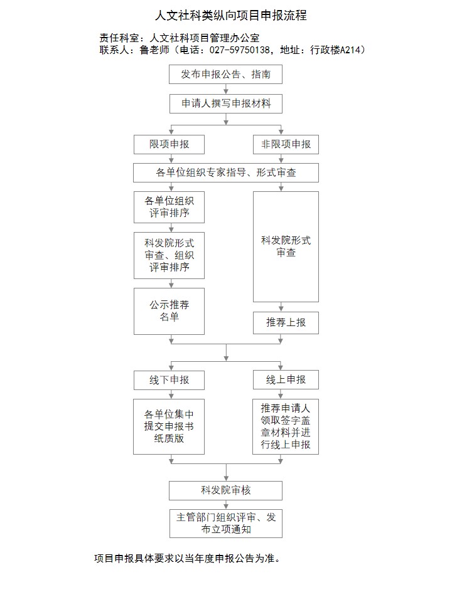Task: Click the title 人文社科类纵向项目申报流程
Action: (x=230, y=15)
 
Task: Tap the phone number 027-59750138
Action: (x=239, y=50)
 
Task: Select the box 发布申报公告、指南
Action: (x=225, y=75)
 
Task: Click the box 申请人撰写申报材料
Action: (x=226, y=103)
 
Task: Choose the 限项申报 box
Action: (x=169, y=144)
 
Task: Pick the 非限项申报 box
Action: (x=286, y=144)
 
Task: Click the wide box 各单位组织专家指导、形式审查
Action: (x=226, y=173)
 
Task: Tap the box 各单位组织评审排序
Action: (x=169, y=208)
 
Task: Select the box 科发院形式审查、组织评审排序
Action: (x=169, y=255)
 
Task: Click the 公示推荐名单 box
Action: (x=169, y=312)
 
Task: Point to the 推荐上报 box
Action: (x=286, y=323)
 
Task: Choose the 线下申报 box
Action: (x=169, y=380)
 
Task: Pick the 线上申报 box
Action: (x=286, y=380)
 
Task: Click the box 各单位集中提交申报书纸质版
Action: (x=169, y=426)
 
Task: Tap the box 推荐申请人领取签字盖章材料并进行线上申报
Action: (x=286, y=426)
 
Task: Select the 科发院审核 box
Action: (x=225, y=490)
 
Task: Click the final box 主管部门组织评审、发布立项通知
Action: (x=226, y=524)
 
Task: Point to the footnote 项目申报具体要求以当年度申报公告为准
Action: (x=187, y=558)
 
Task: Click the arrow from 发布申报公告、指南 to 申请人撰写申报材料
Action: (x=226, y=89)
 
